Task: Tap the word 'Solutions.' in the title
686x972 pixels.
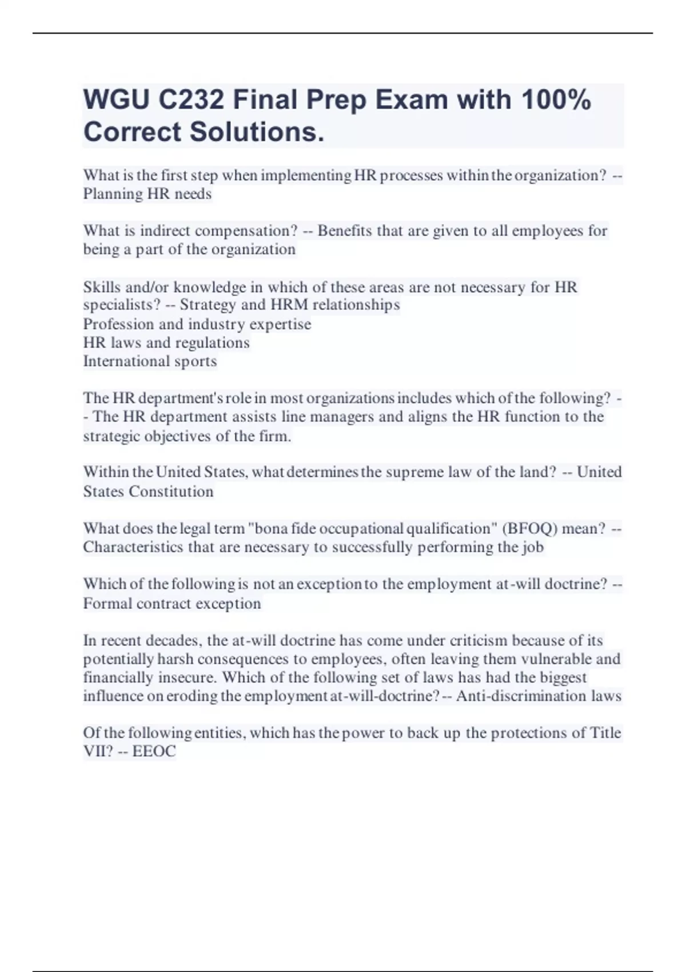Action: click(x=257, y=132)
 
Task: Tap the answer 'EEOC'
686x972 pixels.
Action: click(x=154, y=751)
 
